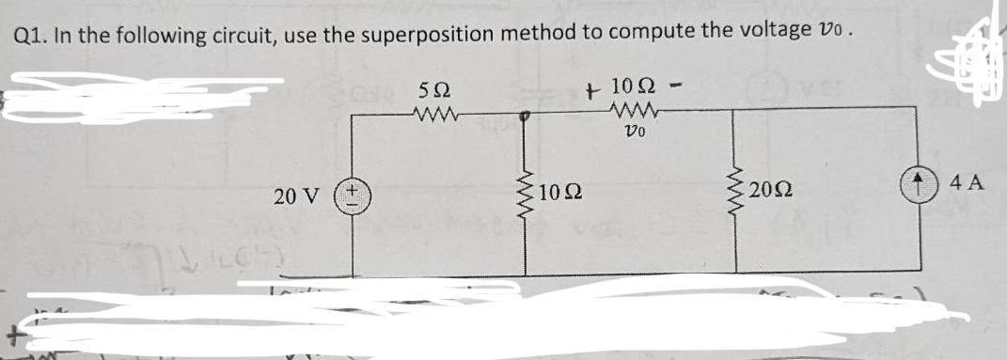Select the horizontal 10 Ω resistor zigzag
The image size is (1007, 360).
(631, 113)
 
